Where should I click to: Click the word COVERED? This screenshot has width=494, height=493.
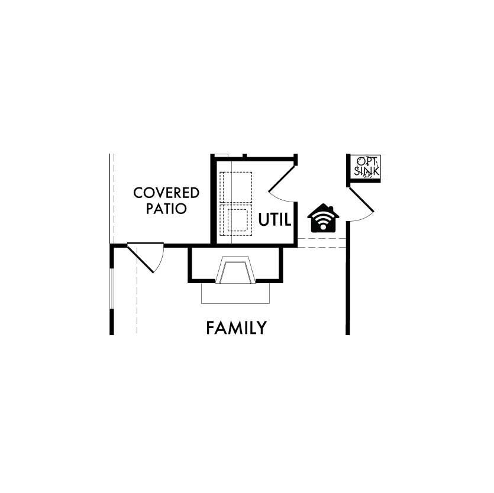[x=166, y=193]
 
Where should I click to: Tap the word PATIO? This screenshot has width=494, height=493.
[x=166, y=209]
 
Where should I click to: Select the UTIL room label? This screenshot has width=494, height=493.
[x=275, y=219]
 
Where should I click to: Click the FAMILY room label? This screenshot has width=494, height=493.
[x=236, y=327]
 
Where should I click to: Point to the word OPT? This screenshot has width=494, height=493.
[x=366, y=161]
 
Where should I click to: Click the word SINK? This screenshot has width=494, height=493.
[x=367, y=171]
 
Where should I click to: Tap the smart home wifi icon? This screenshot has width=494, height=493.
[x=323, y=218]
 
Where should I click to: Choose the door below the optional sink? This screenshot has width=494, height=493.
[x=361, y=200]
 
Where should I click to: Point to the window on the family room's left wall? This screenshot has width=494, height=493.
[x=112, y=288]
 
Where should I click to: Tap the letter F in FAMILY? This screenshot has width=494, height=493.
[x=210, y=327]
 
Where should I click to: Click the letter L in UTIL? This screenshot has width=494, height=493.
[x=288, y=219]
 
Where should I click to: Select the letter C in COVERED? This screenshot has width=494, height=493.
[x=138, y=193]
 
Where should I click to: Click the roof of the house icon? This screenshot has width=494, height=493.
[x=323, y=210]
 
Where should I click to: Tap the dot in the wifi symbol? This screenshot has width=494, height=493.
[x=323, y=227]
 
